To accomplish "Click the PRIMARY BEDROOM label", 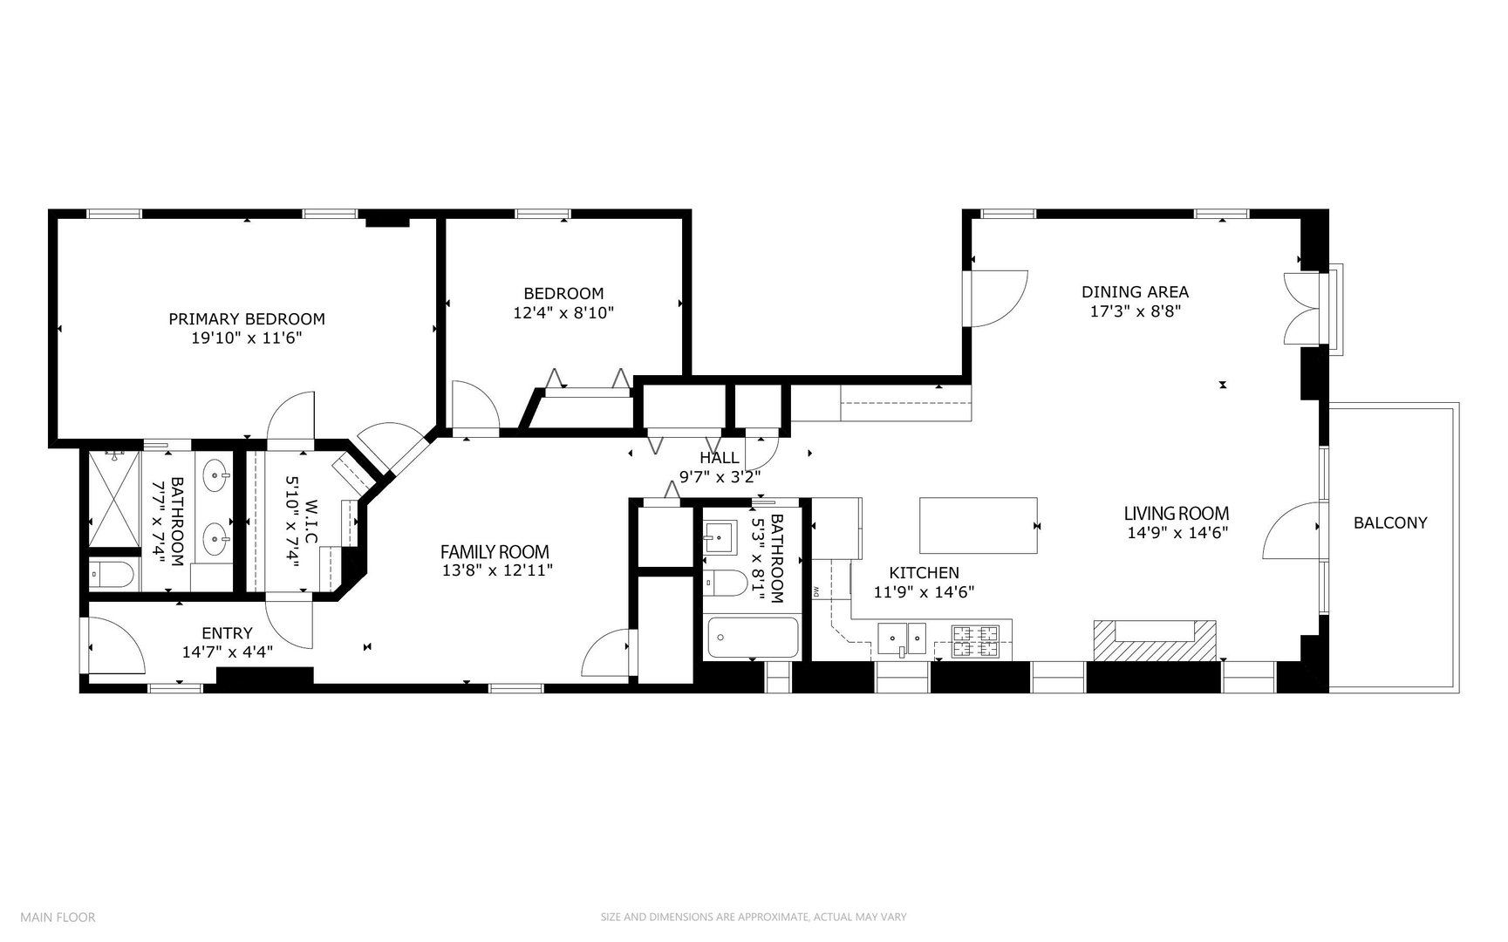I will [x=246, y=319].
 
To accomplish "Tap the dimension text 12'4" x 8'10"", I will [x=563, y=311].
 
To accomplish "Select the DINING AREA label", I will [x=1135, y=292].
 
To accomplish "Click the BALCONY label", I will [x=1390, y=522].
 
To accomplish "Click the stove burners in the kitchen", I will [x=974, y=641].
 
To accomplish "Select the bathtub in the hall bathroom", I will [x=753, y=638].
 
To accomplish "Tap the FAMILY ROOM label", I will [x=495, y=551].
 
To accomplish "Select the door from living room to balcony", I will [x=1291, y=530].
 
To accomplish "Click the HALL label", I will [x=719, y=458].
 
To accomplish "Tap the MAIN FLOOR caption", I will [x=58, y=917].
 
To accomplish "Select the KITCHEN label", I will [x=924, y=573].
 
